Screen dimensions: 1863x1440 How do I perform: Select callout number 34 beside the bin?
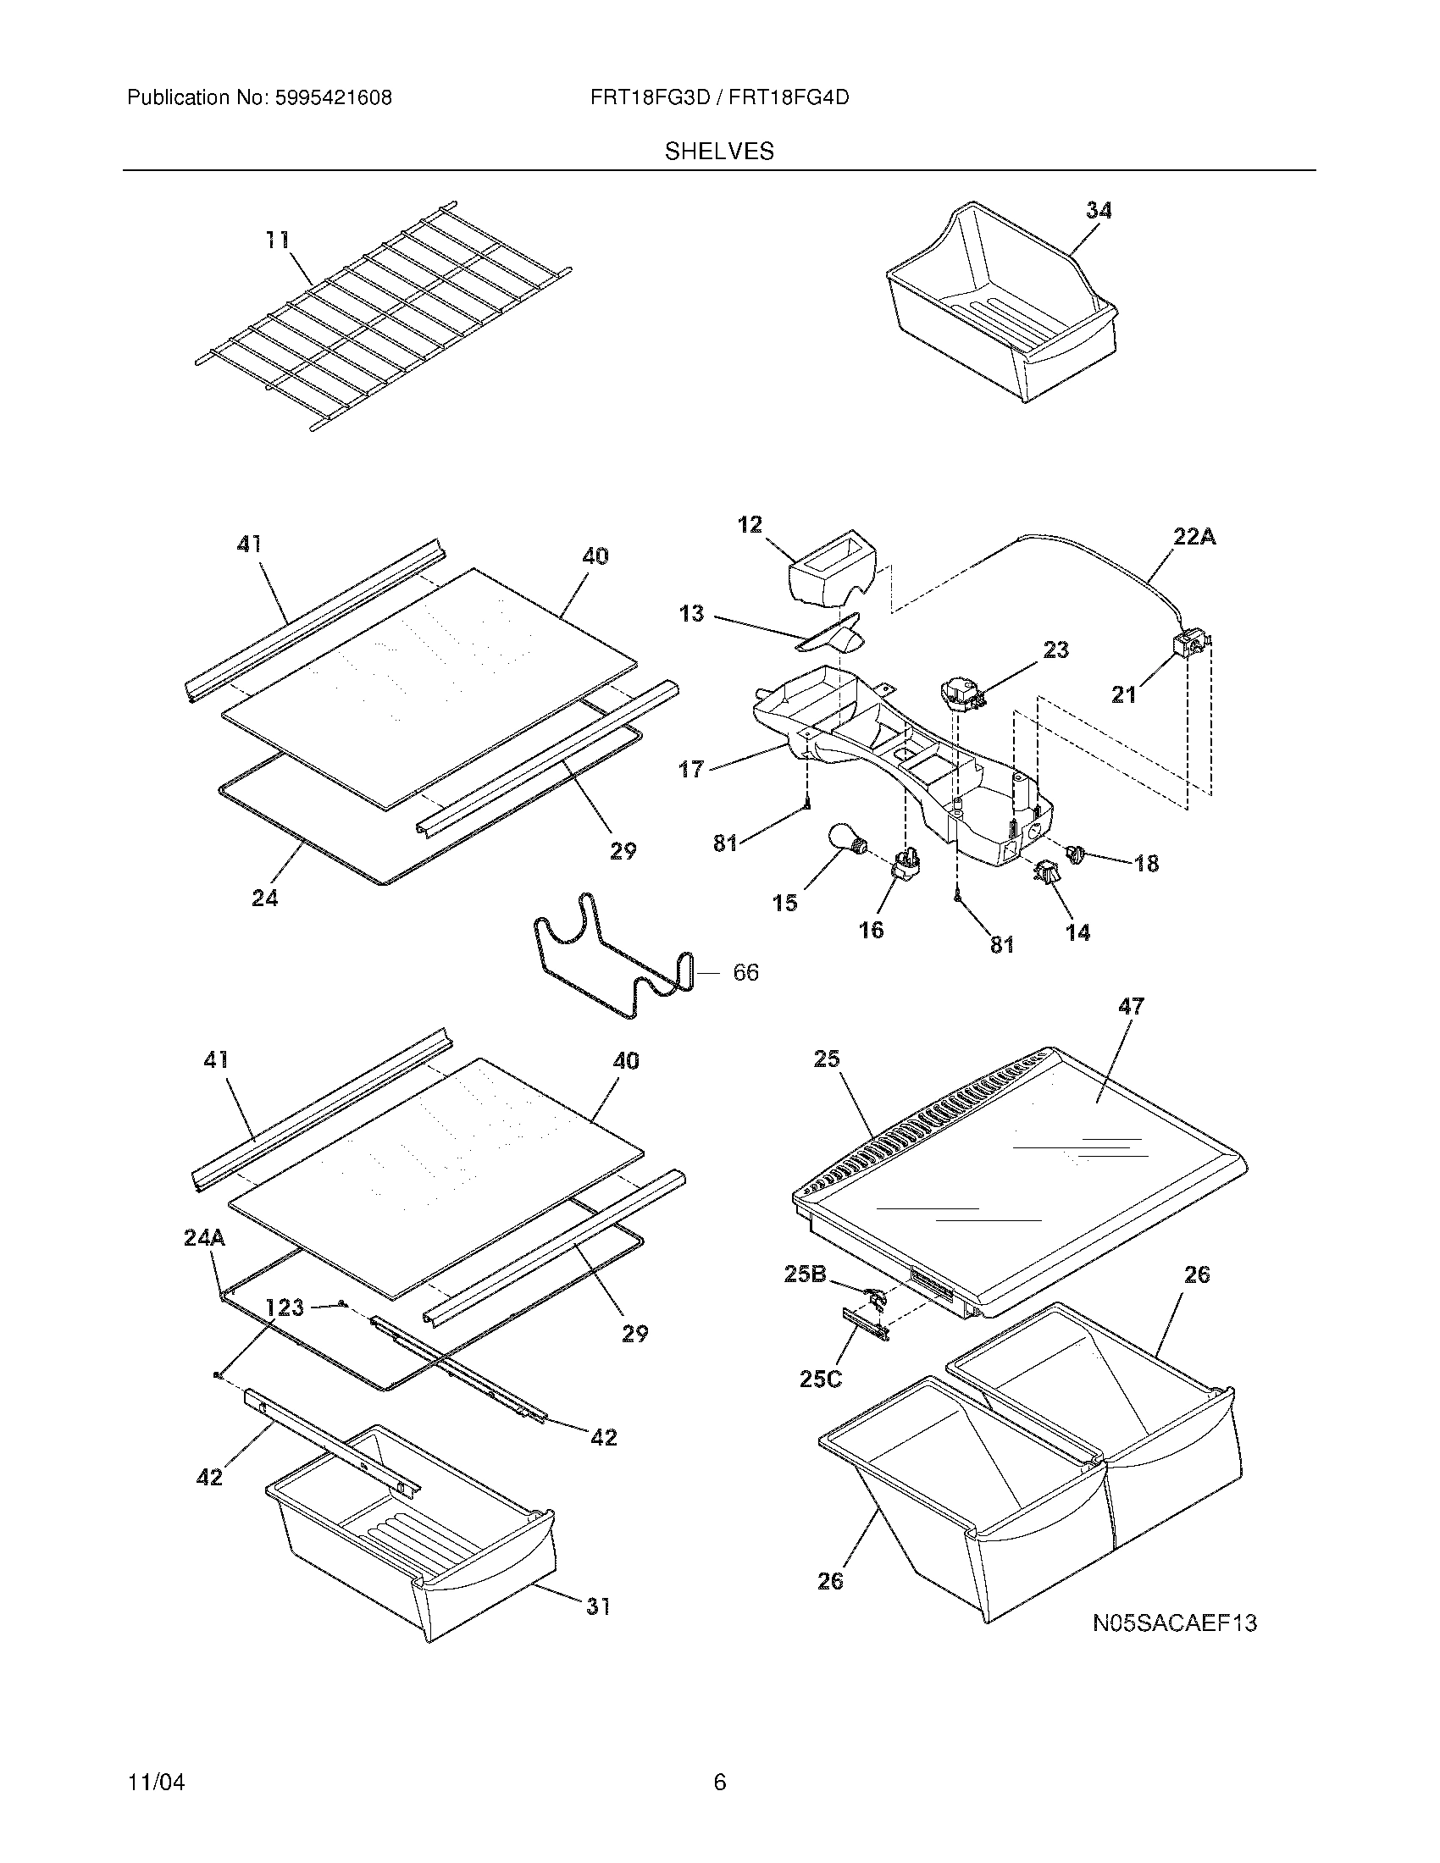(1099, 211)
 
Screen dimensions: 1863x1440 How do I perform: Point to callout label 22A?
(1194, 537)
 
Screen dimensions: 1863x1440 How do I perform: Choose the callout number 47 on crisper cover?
(1130, 1007)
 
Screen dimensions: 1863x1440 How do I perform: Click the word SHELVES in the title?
(719, 152)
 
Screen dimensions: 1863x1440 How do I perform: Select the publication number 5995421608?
(334, 98)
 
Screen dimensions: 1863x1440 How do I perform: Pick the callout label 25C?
(821, 1379)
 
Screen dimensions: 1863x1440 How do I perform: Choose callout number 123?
(284, 1307)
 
